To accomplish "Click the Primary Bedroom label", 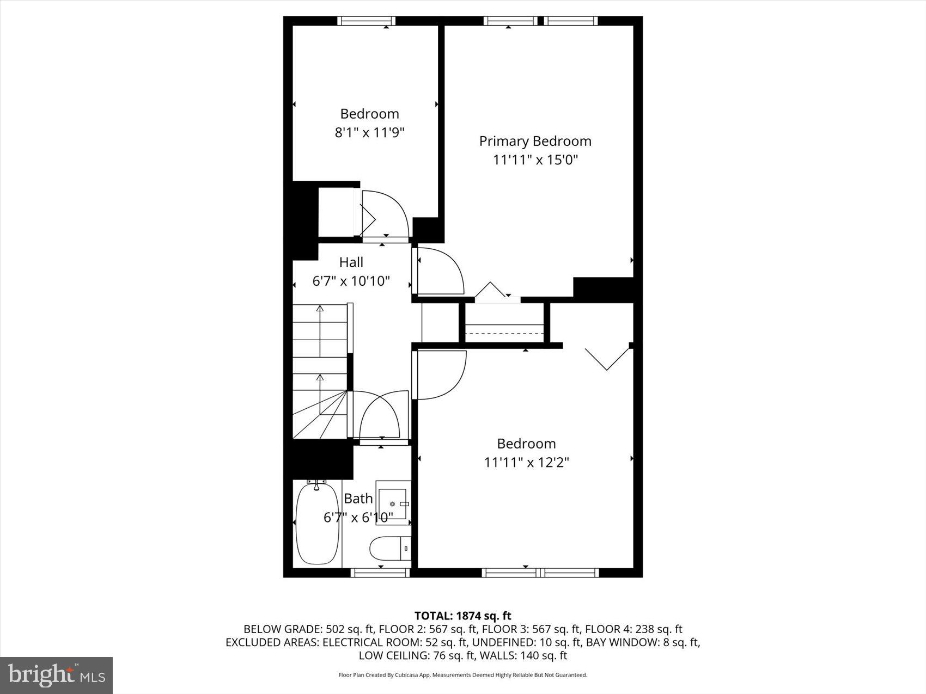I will pos(535,141).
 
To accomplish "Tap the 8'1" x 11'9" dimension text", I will pos(369,132).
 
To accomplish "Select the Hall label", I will pos(351,262).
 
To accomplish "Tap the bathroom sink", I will pos(393,503).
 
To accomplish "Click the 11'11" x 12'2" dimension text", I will pos(526,462).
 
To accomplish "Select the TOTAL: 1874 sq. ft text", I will pos(462,616).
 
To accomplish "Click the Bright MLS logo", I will pos(57,675).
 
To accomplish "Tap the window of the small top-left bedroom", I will pos(365,21).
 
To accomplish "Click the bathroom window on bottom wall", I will pos(380,572).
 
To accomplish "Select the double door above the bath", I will pos(381,416).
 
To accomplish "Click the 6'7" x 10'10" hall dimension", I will pos(351,281).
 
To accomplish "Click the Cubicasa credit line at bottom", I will pos(462,675).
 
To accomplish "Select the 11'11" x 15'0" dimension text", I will pos(535,160).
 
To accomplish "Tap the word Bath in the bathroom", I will pos(358,499).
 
